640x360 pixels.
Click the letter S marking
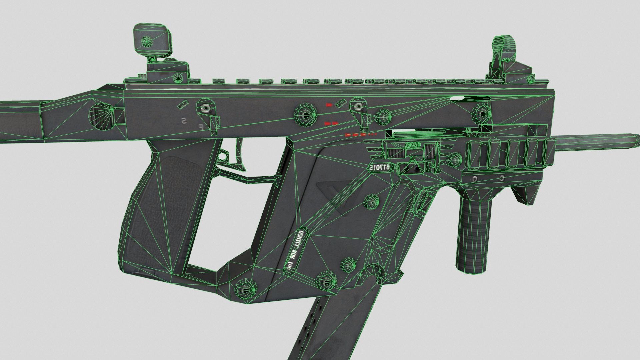[x=183, y=121]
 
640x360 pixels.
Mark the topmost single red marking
[x=329, y=105]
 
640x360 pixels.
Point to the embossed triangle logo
[x=330, y=197]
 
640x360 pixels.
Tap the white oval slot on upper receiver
[x=457, y=98]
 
